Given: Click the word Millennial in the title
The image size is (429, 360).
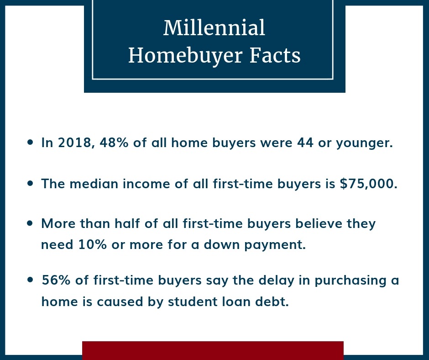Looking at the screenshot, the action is pyautogui.click(x=214, y=28).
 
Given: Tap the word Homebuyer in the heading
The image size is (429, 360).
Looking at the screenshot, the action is pyautogui.click(x=185, y=56).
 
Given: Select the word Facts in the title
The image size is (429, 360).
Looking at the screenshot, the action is pyautogui.click(x=275, y=55).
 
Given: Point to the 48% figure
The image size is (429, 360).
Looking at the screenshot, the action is pyautogui.click(x=114, y=143).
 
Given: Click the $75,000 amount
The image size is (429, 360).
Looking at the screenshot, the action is pyautogui.click(x=369, y=184).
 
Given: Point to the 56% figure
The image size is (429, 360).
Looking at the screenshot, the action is pyautogui.click(x=56, y=280).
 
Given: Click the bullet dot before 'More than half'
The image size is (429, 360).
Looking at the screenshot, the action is pyautogui.click(x=30, y=223).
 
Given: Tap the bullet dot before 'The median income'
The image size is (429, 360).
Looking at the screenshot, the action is pyautogui.click(x=30, y=183).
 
